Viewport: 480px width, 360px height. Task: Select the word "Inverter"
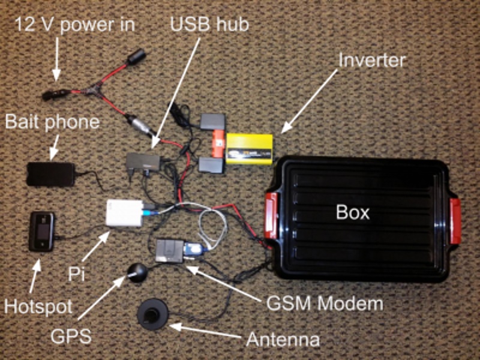[x=373, y=61]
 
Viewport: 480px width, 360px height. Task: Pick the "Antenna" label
[x=282, y=341]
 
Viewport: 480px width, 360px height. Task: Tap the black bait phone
[x=51, y=173]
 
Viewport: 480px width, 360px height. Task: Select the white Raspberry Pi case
[x=125, y=214]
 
